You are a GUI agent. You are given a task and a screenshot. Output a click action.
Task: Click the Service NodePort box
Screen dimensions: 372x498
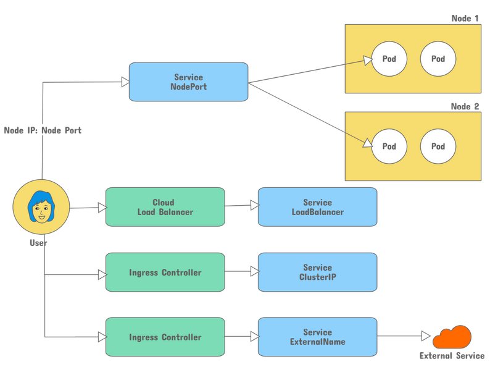coord(188,82)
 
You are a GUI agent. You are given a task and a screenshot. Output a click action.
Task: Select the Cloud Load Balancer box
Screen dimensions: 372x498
coord(165,207)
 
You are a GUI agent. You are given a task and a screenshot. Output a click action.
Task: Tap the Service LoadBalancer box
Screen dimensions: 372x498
coord(317,207)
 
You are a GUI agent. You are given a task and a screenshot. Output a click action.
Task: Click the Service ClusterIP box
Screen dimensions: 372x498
coord(317,272)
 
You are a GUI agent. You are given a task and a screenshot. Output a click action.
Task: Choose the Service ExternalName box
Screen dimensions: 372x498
coord(317,337)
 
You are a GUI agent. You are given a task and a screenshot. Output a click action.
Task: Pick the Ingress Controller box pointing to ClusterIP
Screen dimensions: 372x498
coord(165,272)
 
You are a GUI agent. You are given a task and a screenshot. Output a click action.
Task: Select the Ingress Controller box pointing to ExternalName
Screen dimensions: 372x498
coord(165,337)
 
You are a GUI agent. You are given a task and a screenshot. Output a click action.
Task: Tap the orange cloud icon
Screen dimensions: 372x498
coord(452,337)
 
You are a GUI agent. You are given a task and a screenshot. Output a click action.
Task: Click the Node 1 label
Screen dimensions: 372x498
coord(465,19)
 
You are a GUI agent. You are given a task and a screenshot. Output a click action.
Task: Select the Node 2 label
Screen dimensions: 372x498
coord(465,106)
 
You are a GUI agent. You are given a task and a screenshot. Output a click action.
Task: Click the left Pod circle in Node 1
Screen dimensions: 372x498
coord(389,59)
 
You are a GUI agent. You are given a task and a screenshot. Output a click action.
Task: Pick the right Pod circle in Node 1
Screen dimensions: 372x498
coord(438,59)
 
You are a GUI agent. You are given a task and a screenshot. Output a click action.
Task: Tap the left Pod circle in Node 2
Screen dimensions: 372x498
coord(389,146)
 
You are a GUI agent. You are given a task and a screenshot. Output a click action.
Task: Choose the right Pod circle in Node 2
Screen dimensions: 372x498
coord(438,146)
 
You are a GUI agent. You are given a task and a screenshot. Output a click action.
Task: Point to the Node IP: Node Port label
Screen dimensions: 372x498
coord(43,130)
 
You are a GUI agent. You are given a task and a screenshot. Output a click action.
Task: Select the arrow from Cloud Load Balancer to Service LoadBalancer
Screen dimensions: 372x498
coord(241,206)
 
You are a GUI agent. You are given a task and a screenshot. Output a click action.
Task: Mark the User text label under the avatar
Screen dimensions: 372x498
coord(38,243)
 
